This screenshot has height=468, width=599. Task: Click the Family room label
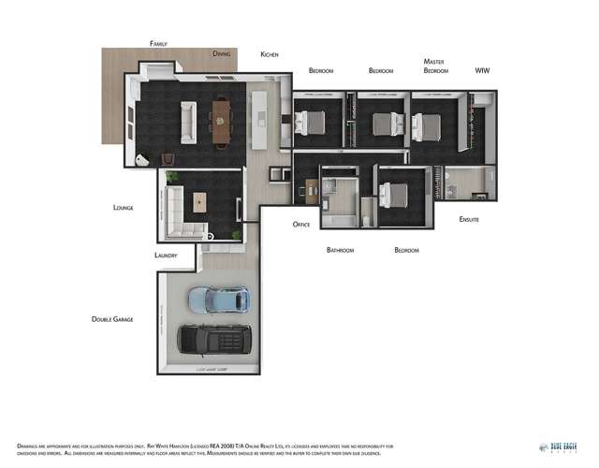click(x=158, y=44)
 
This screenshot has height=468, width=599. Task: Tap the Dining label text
click(x=221, y=54)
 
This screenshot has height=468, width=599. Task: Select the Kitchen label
click(x=270, y=54)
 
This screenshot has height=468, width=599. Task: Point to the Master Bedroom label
click(x=434, y=66)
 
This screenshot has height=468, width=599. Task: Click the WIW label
click(x=482, y=70)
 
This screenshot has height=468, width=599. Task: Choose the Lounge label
click(x=122, y=207)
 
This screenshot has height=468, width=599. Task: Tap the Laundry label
click(x=166, y=255)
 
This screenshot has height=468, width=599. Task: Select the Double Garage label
click(x=111, y=319)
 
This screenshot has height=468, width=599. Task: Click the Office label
click(x=300, y=225)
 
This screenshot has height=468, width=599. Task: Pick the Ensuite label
click(x=469, y=219)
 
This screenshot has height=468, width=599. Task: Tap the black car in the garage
click(x=214, y=340)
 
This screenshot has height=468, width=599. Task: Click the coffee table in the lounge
click(x=200, y=200)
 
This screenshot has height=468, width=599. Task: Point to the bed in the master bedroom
click(x=428, y=124)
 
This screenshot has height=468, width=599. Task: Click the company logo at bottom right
click(x=559, y=447)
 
